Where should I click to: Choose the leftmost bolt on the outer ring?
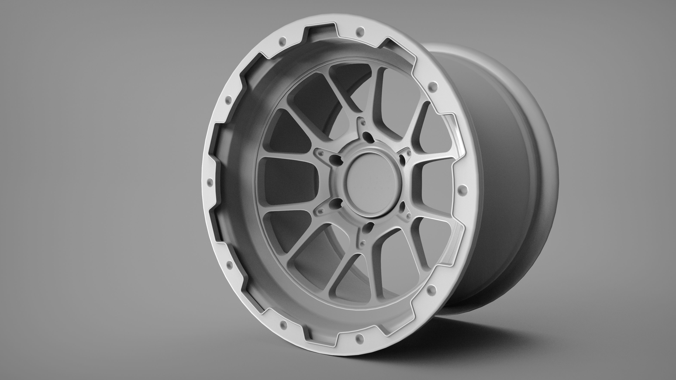[209, 183]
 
